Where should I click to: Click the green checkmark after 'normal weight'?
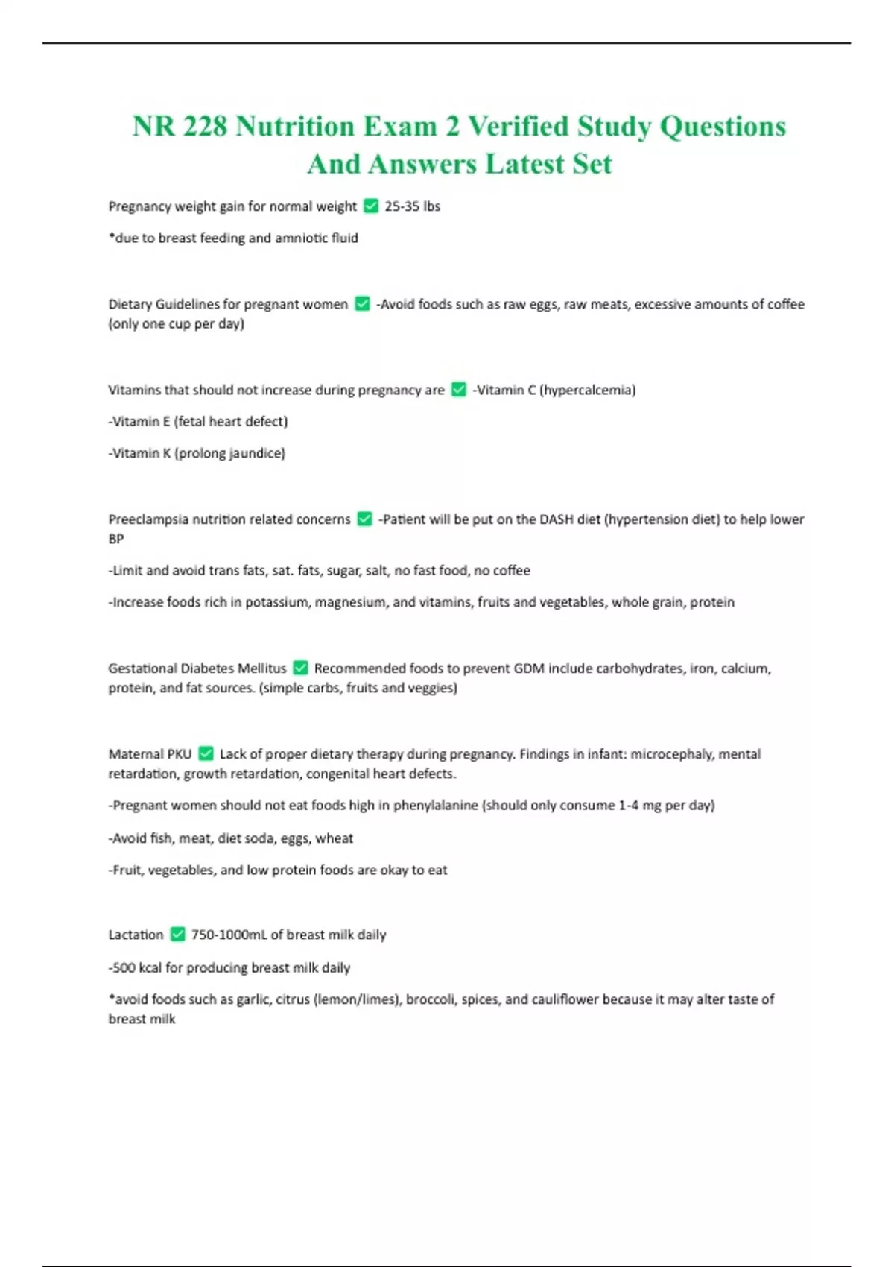[x=370, y=206]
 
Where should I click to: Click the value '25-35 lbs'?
[x=412, y=206]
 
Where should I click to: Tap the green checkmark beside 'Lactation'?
[x=177, y=934]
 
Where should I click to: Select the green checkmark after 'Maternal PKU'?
[x=206, y=753]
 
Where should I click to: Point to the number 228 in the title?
[x=205, y=126]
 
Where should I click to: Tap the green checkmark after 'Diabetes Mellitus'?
[x=300, y=668]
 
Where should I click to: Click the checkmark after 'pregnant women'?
[x=362, y=303]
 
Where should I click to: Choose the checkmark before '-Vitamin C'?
[x=458, y=390]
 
